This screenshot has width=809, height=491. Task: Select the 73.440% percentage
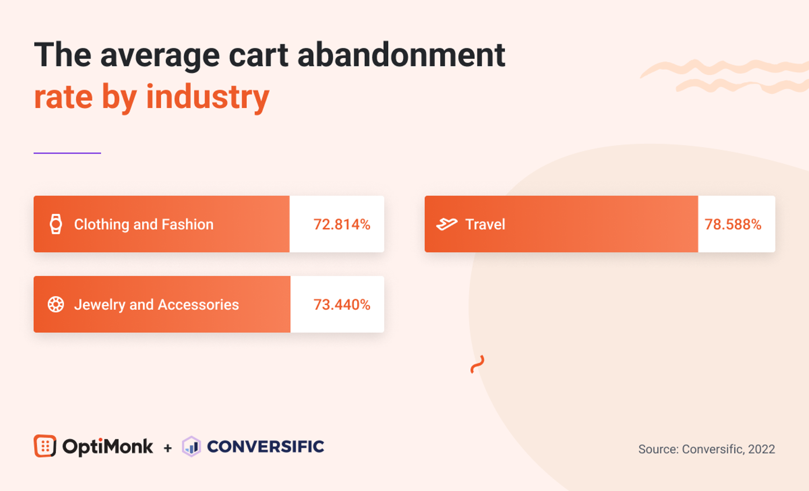pyautogui.click(x=342, y=305)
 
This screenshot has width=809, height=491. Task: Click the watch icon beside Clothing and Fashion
pyautogui.click(x=56, y=224)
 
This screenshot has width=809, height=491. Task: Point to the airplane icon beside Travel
pyautogui.click(x=446, y=224)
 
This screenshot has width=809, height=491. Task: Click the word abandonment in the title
pyautogui.click(x=401, y=55)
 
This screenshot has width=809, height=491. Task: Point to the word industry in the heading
pyautogui.click(x=208, y=97)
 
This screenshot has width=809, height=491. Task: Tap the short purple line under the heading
pyautogui.click(x=67, y=153)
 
